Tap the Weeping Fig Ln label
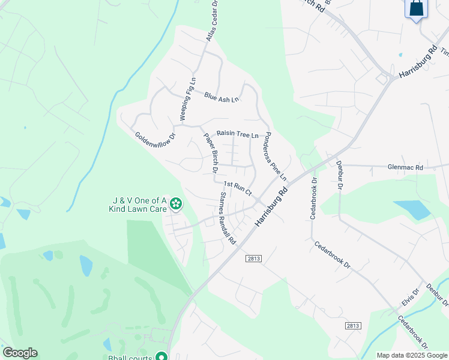click(187, 98)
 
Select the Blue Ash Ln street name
click(221, 96)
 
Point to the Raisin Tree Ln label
click(237, 134)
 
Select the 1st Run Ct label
click(237, 187)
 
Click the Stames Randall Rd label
click(228, 218)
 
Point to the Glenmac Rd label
click(405, 167)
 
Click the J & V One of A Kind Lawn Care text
click(137, 205)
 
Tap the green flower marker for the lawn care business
click(175, 205)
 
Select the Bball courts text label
click(128, 353)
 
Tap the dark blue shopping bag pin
click(415, 9)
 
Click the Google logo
click(20, 353)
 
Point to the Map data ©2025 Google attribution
click(411, 355)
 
